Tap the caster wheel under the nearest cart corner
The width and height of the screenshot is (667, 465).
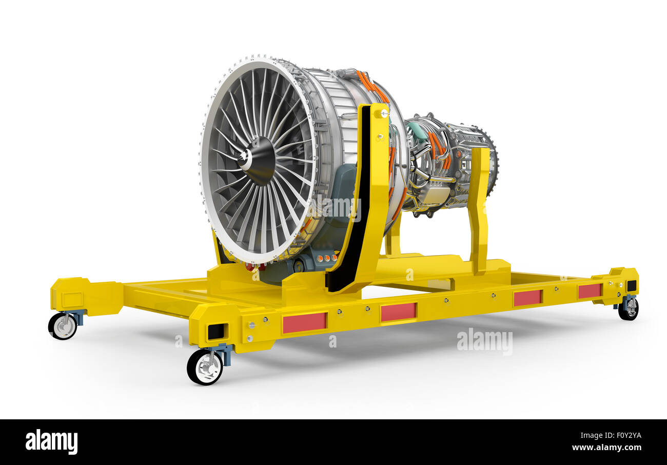point(205,366)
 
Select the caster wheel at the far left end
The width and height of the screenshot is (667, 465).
point(63,326)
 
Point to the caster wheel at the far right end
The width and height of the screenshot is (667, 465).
point(628,308)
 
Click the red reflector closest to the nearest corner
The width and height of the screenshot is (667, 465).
point(304,322)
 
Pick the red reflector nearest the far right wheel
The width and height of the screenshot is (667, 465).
point(589,291)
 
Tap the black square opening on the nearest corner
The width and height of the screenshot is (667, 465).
point(216,332)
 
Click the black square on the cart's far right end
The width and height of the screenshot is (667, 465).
point(631,286)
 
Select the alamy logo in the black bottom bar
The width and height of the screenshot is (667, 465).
point(51,442)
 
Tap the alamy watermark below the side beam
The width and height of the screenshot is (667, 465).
point(484,341)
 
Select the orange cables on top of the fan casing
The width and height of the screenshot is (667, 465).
point(371,84)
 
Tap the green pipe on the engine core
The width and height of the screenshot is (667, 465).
point(417,130)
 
